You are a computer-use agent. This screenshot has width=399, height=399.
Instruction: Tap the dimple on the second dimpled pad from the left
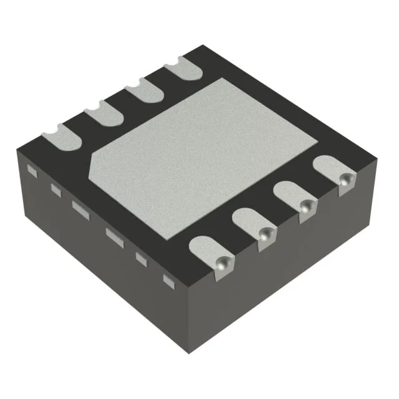pyautogui.click(x=266, y=234)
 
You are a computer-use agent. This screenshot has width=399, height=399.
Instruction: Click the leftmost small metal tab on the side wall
pyautogui.click(x=32, y=170)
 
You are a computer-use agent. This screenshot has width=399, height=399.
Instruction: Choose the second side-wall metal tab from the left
pyautogui.click(x=56, y=191)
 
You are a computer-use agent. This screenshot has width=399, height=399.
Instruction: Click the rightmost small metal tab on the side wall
pyautogui.click(x=168, y=280)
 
